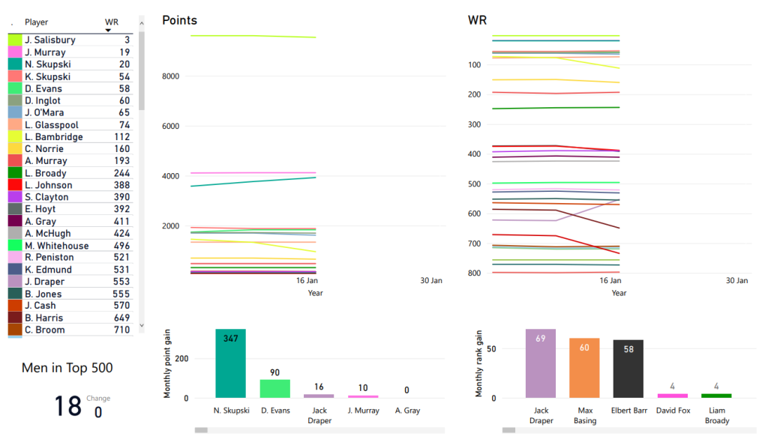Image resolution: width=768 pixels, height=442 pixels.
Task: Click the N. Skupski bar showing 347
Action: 230,363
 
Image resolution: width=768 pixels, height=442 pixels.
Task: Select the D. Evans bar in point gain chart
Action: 274,388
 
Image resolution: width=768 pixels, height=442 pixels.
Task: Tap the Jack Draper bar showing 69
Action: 540,363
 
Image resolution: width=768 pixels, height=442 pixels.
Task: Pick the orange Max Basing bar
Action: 584,368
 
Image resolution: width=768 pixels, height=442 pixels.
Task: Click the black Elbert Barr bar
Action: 628,369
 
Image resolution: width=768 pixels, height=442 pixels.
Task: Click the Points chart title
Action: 180,20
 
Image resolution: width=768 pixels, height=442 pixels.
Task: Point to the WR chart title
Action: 478,20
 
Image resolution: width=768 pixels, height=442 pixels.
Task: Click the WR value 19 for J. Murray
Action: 124,52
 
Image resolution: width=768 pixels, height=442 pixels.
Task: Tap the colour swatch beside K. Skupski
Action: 14,76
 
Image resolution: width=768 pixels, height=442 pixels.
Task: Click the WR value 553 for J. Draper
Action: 121,282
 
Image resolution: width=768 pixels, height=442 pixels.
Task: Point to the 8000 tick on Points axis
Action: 170,76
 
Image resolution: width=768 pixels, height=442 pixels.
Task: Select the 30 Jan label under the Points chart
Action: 431,281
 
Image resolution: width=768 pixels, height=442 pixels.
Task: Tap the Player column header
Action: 36,22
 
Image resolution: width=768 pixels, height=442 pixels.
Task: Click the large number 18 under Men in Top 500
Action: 67,405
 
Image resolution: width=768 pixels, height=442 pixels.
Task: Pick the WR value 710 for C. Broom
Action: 121,330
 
